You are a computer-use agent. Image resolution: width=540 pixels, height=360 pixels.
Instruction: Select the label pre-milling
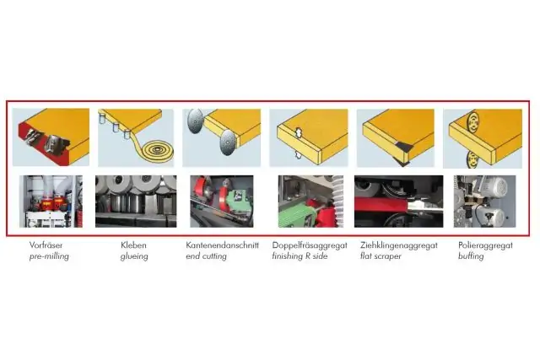46,255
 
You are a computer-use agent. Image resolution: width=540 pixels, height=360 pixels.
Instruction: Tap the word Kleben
122,245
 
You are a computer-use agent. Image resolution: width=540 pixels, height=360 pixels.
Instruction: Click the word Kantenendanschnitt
221,245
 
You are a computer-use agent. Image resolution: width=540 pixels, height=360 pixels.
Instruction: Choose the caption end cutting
207,255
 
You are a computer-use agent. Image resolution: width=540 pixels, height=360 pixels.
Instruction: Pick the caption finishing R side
302,255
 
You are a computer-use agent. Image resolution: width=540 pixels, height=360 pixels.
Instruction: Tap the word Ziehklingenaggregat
397,245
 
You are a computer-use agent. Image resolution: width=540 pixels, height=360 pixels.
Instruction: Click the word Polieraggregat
484,245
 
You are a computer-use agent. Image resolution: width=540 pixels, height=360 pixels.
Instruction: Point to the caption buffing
470,255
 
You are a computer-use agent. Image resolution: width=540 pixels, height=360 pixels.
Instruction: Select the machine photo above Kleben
135,201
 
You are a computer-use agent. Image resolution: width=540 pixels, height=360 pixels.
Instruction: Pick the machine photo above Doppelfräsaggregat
309,201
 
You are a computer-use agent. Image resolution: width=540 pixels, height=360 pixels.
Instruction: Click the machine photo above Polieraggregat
484,201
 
